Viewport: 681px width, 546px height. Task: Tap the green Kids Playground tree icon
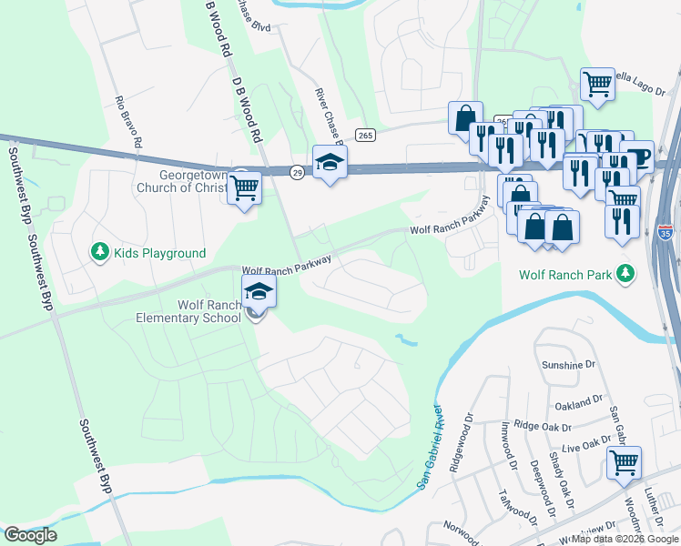click(99, 251)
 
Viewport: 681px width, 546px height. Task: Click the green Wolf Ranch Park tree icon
click(625, 272)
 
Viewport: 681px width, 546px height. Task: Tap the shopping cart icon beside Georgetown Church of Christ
click(244, 187)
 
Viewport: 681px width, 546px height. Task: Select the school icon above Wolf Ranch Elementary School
click(259, 292)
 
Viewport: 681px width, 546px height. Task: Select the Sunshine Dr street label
click(568, 365)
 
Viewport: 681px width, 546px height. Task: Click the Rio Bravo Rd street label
click(128, 122)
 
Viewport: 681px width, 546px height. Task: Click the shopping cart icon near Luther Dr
click(624, 461)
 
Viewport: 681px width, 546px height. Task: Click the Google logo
click(31, 535)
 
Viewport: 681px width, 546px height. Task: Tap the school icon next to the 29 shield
click(330, 163)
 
